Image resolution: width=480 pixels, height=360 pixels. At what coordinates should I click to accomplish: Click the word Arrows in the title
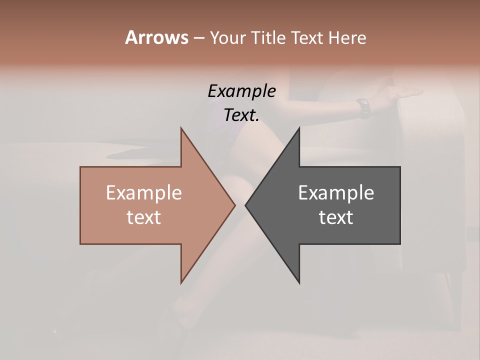[x=156, y=37]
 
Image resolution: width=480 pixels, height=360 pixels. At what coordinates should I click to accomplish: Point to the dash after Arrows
[x=198, y=38]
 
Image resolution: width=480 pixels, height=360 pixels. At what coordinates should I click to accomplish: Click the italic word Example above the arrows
[x=241, y=91]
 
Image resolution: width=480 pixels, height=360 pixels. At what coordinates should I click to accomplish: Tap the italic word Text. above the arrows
[x=241, y=115]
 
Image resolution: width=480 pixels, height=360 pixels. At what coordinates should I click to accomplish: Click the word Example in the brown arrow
[x=144, y=193]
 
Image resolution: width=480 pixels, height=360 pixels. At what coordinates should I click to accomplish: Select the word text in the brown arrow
[x=144, y=217]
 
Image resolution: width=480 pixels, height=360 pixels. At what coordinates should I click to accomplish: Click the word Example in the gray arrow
[x=336, y=193]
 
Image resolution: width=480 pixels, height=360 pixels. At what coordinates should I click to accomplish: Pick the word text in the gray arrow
[x=336, y=217]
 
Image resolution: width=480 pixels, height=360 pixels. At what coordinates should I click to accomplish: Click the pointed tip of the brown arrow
[x=234, y=205]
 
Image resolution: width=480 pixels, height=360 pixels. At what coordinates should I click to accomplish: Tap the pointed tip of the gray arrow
[x=246, y=205]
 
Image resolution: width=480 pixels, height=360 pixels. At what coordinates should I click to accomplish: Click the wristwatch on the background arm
[x=363, y=107]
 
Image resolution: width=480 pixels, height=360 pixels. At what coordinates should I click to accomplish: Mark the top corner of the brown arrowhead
[x=181, y=128]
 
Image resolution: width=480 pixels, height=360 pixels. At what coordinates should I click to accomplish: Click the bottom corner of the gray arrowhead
[x=299, y=282]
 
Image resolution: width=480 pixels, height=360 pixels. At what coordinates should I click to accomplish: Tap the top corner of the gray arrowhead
[x=299, y=128]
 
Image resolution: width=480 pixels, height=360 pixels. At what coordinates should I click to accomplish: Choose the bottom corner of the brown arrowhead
[x=181, y=282]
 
